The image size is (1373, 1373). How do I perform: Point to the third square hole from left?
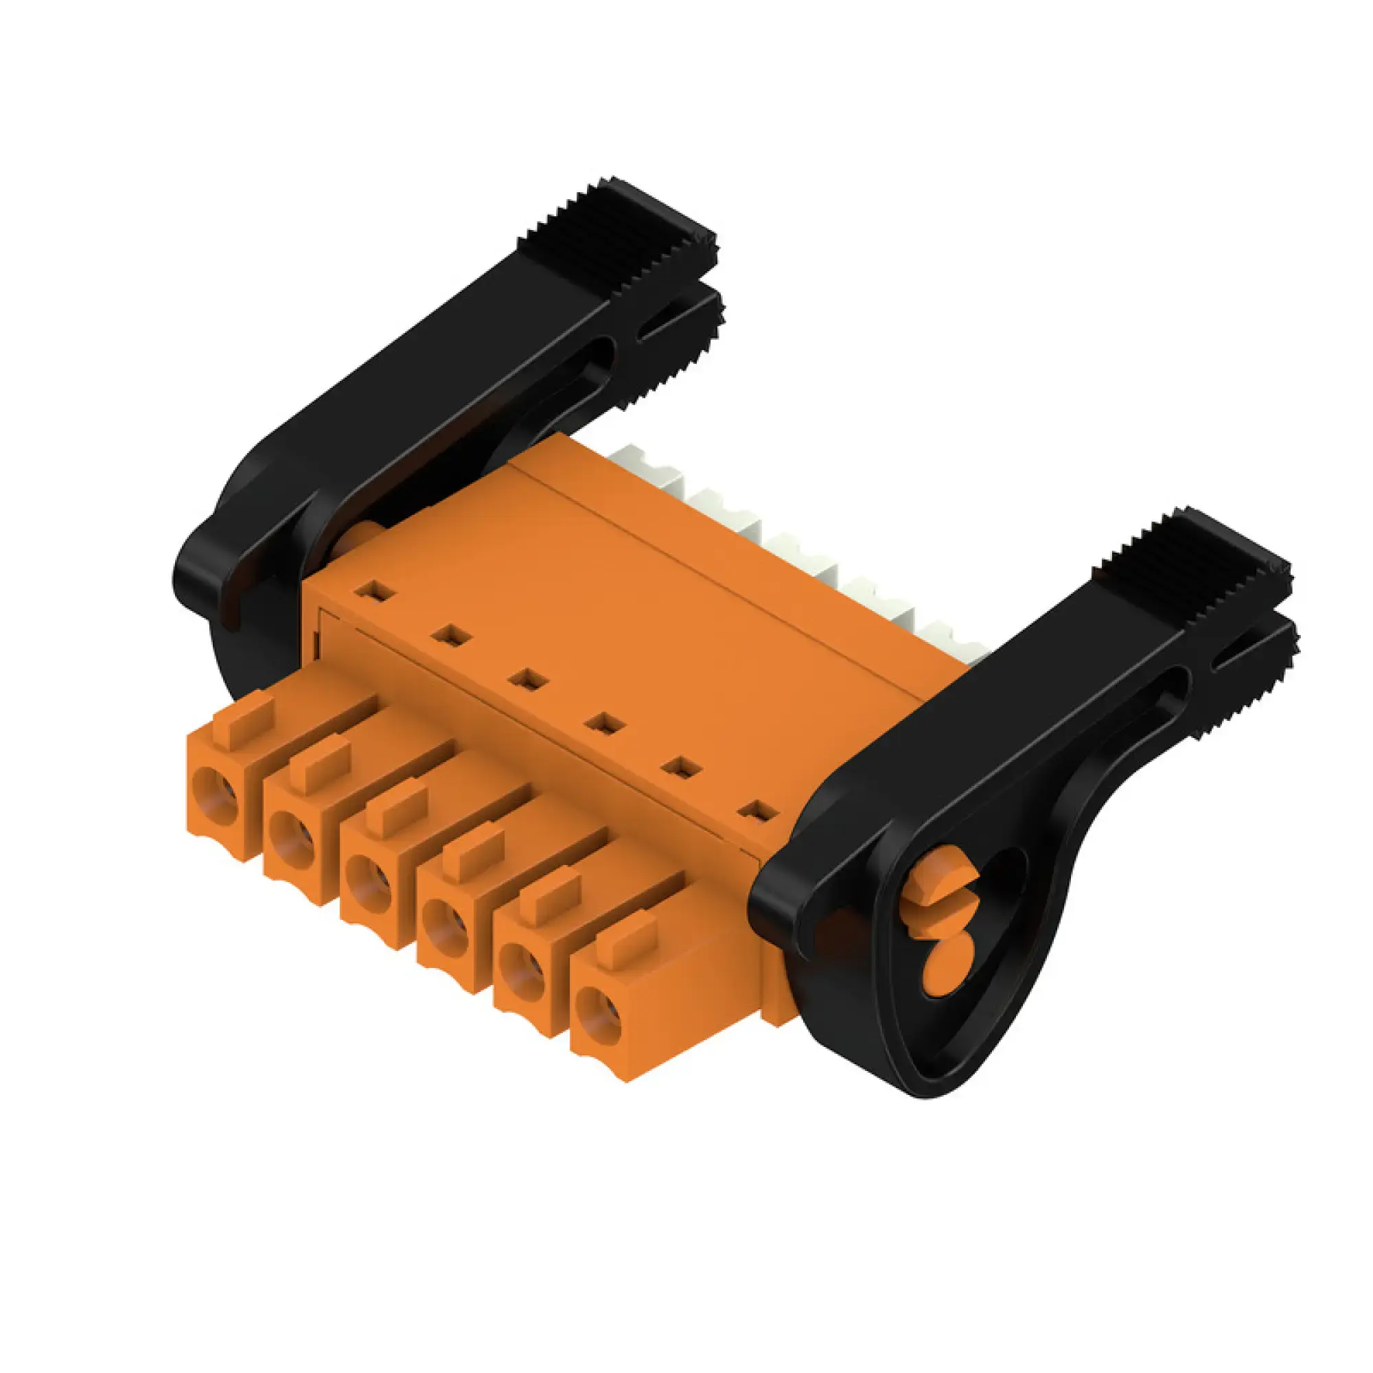click(x=527, y=679)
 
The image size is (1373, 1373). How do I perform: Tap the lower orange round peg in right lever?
click(x=942, y=967)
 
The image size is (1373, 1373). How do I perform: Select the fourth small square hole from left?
click(x=604, y=724)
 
